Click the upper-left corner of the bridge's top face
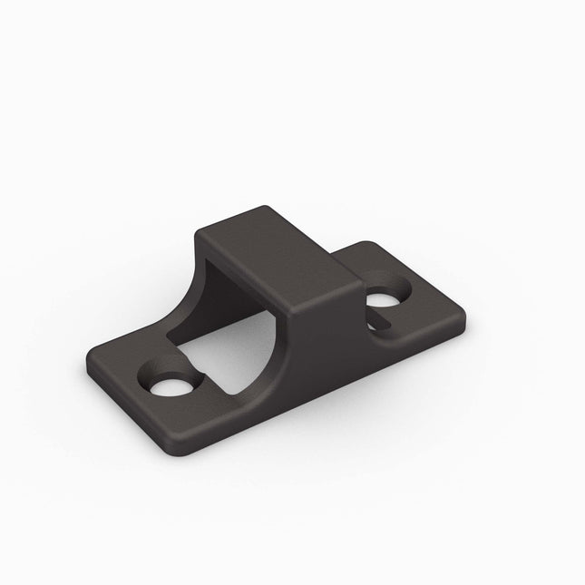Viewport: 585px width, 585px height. (201, 228)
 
